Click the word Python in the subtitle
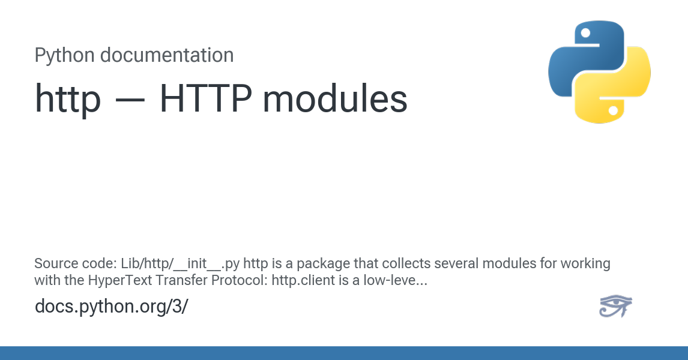(65, 56)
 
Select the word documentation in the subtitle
(167, 55)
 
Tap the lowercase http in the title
(68, 99)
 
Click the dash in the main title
(130, 100)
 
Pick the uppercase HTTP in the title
(206, 98)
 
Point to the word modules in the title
(335, 98)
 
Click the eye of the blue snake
(585, 33)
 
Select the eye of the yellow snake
(614, 110)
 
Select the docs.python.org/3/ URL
(112, 307)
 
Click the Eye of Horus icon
(615, 305)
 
